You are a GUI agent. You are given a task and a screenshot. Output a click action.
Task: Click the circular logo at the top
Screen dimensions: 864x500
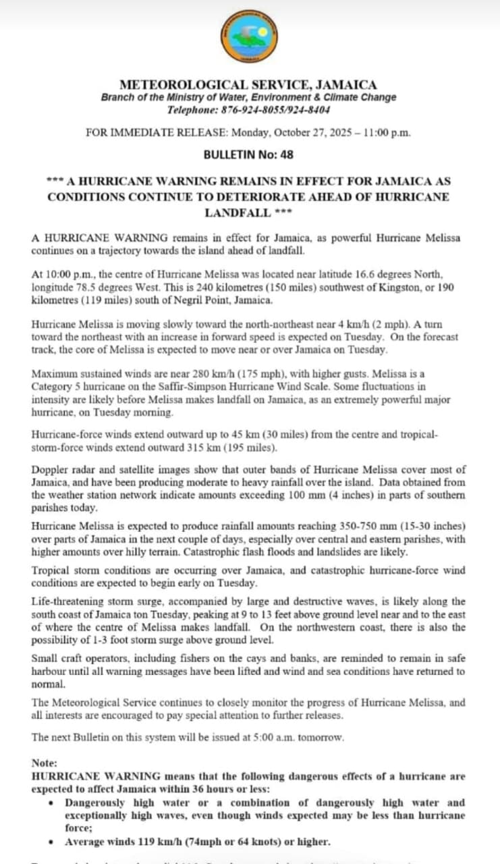248,37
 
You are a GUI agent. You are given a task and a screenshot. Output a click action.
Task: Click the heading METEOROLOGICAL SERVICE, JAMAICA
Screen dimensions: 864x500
248,85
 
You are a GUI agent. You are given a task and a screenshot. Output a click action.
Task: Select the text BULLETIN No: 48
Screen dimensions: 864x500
248,155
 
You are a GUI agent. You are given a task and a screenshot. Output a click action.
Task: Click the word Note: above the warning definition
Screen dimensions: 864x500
45,763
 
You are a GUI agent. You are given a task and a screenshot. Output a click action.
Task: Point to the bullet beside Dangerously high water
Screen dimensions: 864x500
53,803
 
